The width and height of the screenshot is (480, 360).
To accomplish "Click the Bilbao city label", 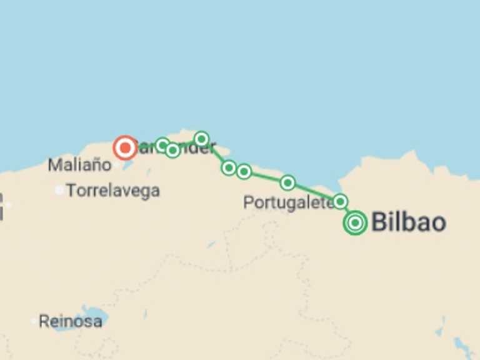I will [409, 222].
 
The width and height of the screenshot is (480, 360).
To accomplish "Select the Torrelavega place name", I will [113, 191].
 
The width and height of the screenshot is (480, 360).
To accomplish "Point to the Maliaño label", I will [79, 166].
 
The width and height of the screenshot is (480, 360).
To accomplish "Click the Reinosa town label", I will [71, 321].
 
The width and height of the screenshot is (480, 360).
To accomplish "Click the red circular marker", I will [125, 148].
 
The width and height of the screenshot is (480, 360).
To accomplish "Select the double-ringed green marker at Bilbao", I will [355, 222].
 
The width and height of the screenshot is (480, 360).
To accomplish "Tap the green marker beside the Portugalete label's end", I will [340, 201].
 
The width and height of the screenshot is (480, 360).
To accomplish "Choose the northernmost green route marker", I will [201, 139].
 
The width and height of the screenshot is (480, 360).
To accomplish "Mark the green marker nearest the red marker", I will [162, 145].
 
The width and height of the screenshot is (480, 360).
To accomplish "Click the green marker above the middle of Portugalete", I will [287, 182].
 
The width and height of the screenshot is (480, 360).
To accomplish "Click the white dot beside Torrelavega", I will [59, 190].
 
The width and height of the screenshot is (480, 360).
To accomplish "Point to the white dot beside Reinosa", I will [34, 321].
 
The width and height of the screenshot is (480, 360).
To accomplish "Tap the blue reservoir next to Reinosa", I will [94, 316].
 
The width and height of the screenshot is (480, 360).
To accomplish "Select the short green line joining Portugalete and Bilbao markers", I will [347, 211].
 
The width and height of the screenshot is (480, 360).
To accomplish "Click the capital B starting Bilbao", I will [379, 222].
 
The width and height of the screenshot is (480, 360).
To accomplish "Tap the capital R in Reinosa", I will [44, 321].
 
